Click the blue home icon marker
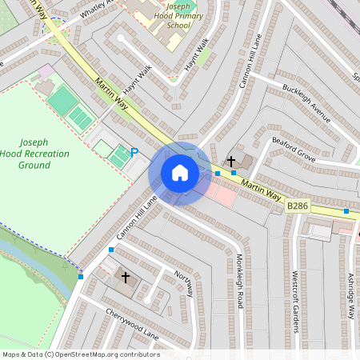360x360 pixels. (180, 173)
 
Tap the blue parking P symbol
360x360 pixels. (134, 152)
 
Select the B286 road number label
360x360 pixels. (298, 206)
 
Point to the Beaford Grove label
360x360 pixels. (293, 149)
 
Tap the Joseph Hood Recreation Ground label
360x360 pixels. (46, 152)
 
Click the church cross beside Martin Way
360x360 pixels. (231, 162)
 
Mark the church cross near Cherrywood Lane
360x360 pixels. (125, 277)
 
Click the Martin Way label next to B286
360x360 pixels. (262, 190)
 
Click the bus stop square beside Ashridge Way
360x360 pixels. (346, 211)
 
